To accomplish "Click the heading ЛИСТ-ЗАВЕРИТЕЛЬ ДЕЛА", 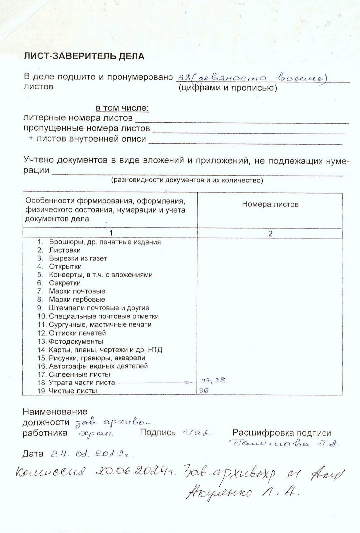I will tap(84, 56).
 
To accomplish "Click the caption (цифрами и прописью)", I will tap(228, 88).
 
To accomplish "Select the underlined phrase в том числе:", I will tap(122, 108).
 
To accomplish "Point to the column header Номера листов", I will tap(270, 204).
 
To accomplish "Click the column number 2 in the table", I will tap(270, 234).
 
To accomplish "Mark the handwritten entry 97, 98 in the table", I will tap(213, 380).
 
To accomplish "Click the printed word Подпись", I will tap(158, 432).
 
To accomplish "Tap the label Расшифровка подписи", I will tap(282, 433).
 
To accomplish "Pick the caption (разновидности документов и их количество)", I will tap(187, 180).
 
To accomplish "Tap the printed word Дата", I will tap(33, 454).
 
